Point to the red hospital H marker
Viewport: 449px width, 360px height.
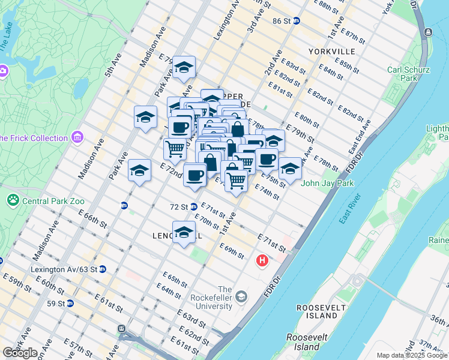262,261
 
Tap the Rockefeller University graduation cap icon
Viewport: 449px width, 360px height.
241,296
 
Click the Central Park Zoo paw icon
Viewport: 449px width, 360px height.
13,199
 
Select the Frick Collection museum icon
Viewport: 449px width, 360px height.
77,138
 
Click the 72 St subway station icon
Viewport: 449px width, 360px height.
194,207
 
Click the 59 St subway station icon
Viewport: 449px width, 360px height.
70,304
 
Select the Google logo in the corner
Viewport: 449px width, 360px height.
20,353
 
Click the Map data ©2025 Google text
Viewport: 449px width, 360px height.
412,355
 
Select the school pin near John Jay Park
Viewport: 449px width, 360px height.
290,169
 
